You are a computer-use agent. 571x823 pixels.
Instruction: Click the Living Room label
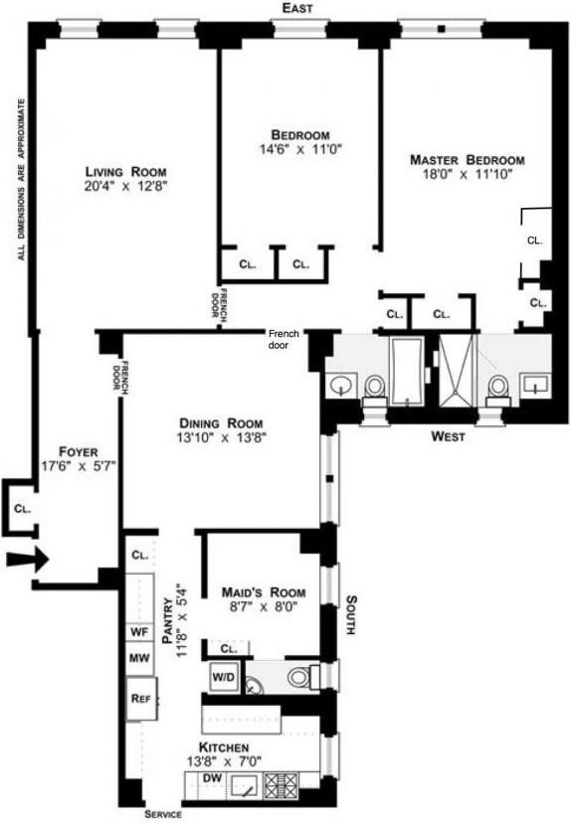(x=125, y=171)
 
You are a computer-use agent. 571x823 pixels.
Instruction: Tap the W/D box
(x=222, y=677)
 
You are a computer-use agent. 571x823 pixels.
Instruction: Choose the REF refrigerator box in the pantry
(x=140, y=698)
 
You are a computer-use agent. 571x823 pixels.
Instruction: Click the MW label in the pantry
(x=138, y=658)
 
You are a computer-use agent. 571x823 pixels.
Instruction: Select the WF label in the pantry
(x=138, y=630)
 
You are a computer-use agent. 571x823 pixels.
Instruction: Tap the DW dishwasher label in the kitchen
(x=211, y=778)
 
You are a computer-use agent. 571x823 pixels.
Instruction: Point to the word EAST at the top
(x=297, y=8)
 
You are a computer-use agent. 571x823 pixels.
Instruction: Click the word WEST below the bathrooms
(x=450, y=436)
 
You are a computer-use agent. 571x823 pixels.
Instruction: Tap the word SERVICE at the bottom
(x=162, y=814)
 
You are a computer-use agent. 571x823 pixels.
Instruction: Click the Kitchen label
(x=223, y=746)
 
